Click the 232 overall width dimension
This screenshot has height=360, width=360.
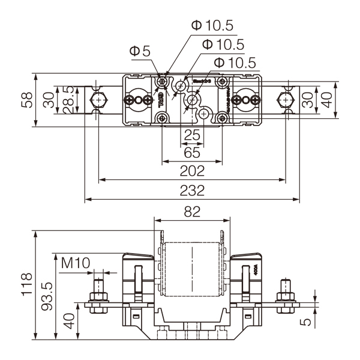point(192,191)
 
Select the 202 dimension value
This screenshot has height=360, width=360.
point(192,171)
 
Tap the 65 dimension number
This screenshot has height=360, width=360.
point(192,152)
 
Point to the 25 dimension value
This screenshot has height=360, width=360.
point(192,135)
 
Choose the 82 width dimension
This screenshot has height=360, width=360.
point(192,211)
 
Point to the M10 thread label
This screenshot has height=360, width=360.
point(75,262)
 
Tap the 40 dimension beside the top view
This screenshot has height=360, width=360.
point(326,100)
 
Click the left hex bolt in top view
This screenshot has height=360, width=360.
point(96,100)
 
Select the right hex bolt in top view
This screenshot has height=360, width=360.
point(286,100)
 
